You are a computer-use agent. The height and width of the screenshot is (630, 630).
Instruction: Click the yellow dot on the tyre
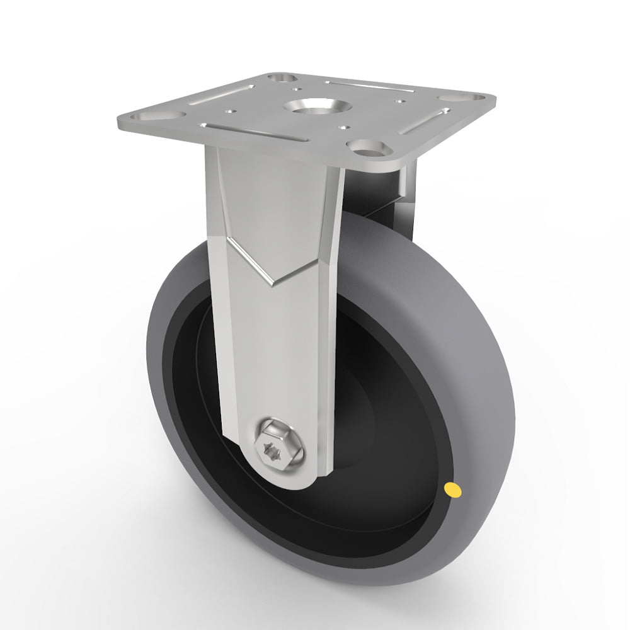(452, 488)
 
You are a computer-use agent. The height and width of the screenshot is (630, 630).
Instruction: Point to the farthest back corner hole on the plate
(282, 78)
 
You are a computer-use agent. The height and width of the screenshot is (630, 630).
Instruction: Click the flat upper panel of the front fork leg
(271, 195)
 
